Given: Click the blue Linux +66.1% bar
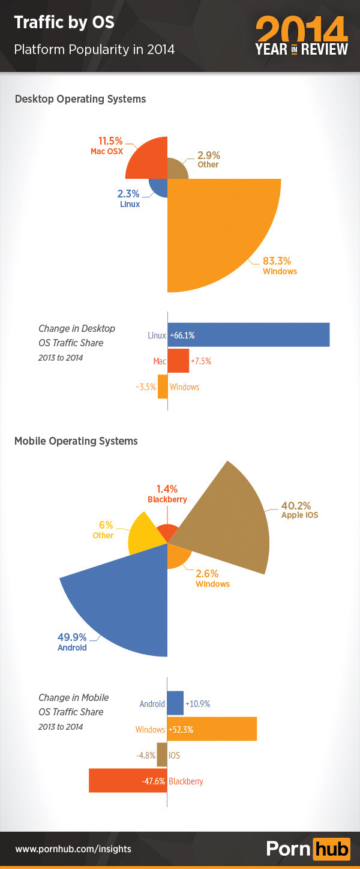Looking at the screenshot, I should (x=248, y=335).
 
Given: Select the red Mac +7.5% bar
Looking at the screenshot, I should (x=178, y=361).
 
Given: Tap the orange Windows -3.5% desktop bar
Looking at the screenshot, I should (x=162, y=386).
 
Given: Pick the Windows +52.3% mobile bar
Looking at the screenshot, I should (x=212, y=728).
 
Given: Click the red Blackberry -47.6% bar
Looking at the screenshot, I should (x=127, y=780).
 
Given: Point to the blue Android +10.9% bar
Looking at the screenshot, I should (x=175, y=703).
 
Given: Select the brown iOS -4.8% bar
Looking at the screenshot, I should (x=162, y=754).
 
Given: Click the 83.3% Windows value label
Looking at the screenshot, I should (x=277, y=261).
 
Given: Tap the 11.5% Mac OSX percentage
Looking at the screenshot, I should (x=110, y=141).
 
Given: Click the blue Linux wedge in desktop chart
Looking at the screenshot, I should (x=159, y=188).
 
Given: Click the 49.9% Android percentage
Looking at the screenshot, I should (x=72, y=637).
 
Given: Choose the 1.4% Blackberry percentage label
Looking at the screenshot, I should (x=167, y=489).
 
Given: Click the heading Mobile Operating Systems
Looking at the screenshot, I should (x=76, y=441).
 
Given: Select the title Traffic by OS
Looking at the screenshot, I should (x=64, y=23).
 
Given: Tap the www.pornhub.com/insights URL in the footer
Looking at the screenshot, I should (x=73, y=849).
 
